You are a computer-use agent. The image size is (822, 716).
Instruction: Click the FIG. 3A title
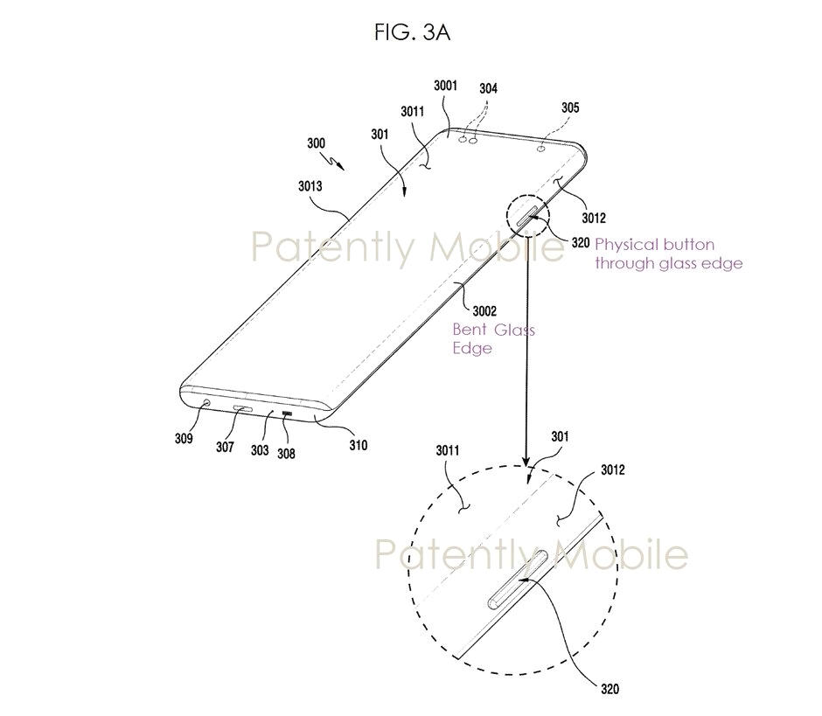pyautogui.click(x=412, y=32)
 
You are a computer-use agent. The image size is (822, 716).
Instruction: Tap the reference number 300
pyautogui.click(x=316, y=143)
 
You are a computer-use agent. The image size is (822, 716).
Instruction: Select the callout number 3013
pyautogui.click(x=310, y=186)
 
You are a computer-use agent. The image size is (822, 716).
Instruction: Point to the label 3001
pyautogui.click(x=446, y=86)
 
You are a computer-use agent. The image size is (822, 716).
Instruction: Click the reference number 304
pyautogui.click(x=488, y=88)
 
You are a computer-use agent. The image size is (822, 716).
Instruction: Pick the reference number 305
pyautogui.click(x=570, y=108)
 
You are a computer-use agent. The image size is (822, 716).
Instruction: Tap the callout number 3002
pyautogui.click(x=484, y=311)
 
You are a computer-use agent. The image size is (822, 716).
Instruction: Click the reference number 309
pyautogui.click(x=184, y=438)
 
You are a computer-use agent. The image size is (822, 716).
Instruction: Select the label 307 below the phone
pyautogui.click(x=225, y=447)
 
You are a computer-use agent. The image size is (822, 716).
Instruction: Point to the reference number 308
pyautogui.click(x=286, y=454)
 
